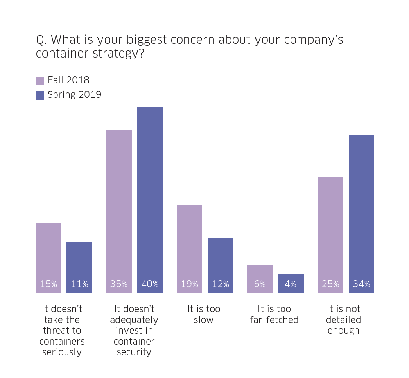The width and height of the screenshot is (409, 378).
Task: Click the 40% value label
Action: [x=150, y=284]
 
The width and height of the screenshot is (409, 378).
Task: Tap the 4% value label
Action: [x=291, y=284]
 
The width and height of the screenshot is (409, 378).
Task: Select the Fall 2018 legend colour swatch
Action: [x=40, y=81]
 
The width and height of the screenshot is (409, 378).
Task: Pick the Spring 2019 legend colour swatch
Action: [x=40, y=95]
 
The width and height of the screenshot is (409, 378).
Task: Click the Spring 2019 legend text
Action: [x=74, y=95]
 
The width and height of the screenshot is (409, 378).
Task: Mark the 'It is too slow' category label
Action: [x=204, y=315]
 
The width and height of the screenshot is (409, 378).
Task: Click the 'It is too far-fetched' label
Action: [x=274, y=315]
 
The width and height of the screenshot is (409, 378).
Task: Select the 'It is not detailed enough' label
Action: [x=344, y=320]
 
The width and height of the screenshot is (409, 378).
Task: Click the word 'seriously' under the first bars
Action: [x=62, y=352]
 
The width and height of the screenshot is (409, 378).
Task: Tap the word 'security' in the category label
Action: [x=134, y=352]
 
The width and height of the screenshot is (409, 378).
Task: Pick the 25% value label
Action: [x=330, y=284]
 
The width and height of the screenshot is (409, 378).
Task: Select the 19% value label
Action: [x=189, y=284]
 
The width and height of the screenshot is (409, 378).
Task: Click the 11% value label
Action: [x=79, y=284]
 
